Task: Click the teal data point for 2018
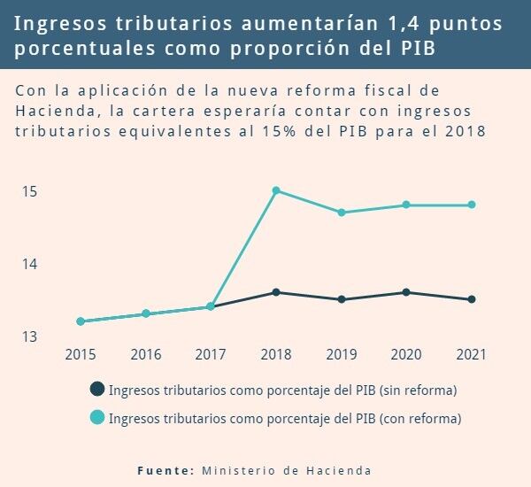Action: [x=276, y=190]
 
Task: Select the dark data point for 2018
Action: [x=276, y=292]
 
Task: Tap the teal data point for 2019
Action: [x=342, y=213]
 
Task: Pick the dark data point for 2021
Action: [x=472, y=299]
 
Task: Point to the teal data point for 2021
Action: [x=472, y=205]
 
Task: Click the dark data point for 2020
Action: [x=406, y=292]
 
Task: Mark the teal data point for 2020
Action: [x=406, y=205]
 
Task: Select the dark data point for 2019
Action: [x=342, y=299]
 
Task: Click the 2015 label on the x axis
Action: [x=81, y=354]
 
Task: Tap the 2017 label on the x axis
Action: [x=211, y=354]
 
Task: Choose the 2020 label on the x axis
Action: [x=406, y=354]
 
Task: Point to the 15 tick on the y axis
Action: [x=29, y=191]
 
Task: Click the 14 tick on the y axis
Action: [x=29, y=264]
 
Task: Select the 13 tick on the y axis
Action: [x=29, y=336]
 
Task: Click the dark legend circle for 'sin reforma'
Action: [x=97, y=389]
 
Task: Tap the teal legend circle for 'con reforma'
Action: [x=97, y=417]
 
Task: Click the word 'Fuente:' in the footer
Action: [x=165, y=470]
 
